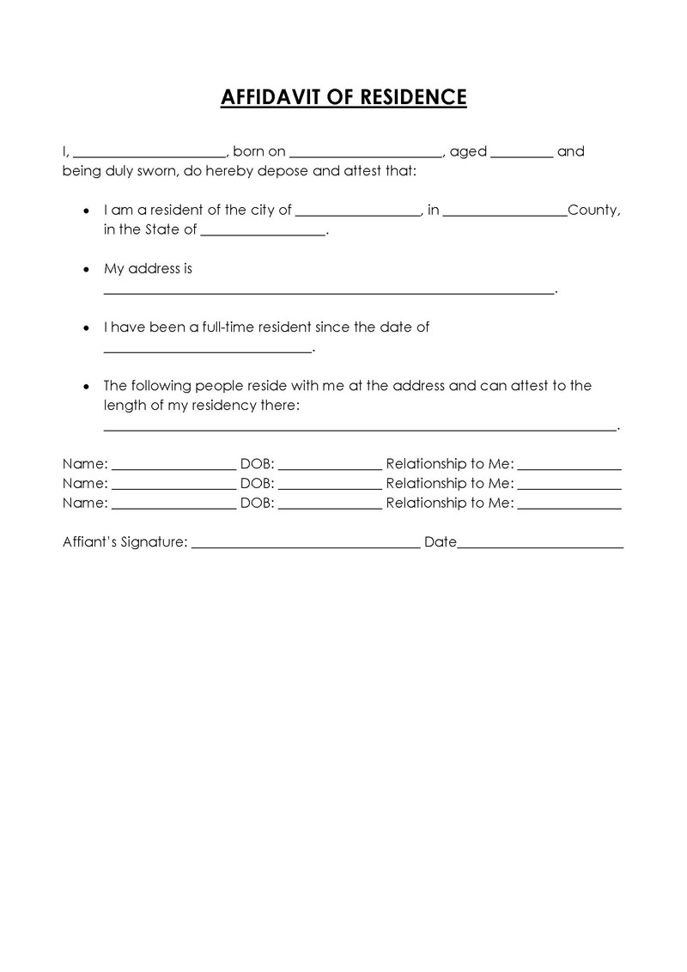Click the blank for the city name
358,214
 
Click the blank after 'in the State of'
264,234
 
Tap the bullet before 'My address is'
85,269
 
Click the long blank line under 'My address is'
329,292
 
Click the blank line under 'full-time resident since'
207,351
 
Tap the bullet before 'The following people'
85,386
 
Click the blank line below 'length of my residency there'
360,428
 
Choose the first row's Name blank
173,468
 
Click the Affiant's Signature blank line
305,547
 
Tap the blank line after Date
540,547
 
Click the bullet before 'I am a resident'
85,211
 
